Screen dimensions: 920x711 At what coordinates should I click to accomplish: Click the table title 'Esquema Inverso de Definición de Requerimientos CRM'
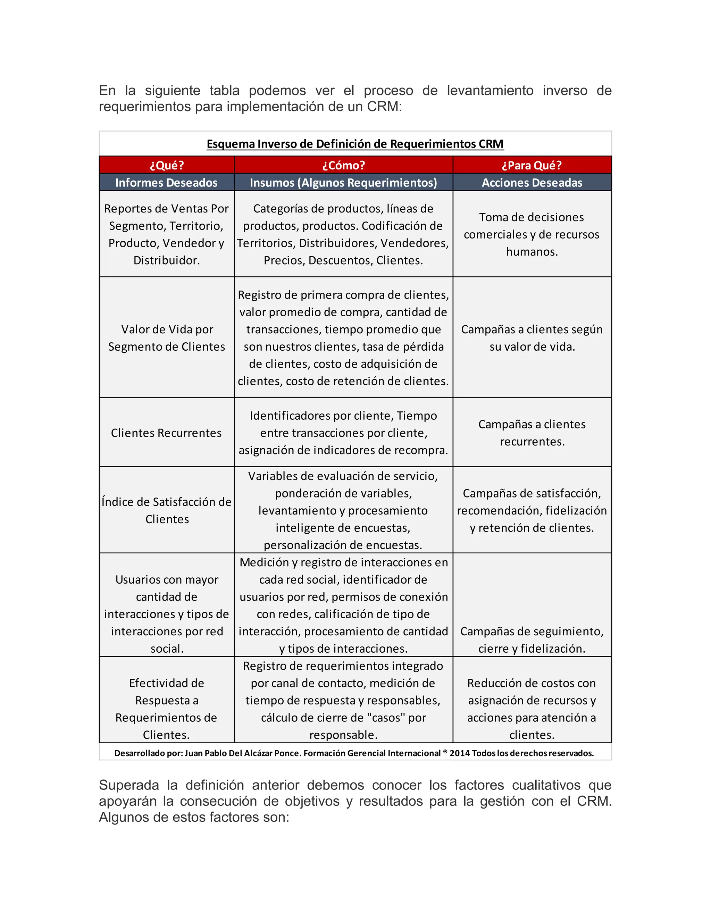click(x=355, y=144)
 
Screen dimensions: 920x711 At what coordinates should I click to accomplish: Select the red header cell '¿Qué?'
click(x=166, y=165)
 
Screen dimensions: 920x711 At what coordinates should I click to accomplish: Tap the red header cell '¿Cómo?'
click(x=343, y=165)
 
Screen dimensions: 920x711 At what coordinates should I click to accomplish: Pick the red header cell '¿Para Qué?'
click(x=532, y=165)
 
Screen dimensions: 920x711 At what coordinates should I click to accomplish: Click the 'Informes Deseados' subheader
click(x=166, y=182)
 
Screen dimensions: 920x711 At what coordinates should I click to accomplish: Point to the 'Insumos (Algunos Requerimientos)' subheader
click(x=343, y=182)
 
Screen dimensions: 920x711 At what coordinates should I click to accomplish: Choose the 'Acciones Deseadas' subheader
click(x=532, y=182)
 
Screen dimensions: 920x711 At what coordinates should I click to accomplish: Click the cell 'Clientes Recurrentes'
click(x=166, y=433)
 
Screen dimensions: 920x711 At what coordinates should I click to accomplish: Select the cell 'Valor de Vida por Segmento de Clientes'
click(x=166, y=337)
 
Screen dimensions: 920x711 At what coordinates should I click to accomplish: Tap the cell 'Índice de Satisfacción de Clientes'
click(x=166, y=510)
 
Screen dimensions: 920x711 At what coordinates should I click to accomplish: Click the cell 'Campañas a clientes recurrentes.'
click(x=532, y=433)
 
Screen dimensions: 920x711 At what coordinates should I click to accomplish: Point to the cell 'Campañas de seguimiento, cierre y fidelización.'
click(x=532, y=639)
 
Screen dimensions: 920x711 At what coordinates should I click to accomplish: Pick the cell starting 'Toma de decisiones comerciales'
click(x=532, y=234)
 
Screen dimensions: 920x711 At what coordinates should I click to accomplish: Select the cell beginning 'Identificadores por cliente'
click(x=343, y=433)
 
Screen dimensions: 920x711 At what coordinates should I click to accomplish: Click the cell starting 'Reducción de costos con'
click(x=532, y=709)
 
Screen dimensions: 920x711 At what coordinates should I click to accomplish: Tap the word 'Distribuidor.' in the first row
click(x=166, y=260)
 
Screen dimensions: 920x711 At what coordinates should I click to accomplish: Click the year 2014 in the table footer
click(x=459, y=753)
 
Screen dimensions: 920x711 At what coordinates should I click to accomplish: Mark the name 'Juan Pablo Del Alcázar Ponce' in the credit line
click(x=243, y=753)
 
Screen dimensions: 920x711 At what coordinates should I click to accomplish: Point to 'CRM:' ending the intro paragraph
click(x=384, y=107)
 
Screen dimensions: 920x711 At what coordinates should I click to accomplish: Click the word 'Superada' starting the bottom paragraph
click(x=128, y=785)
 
